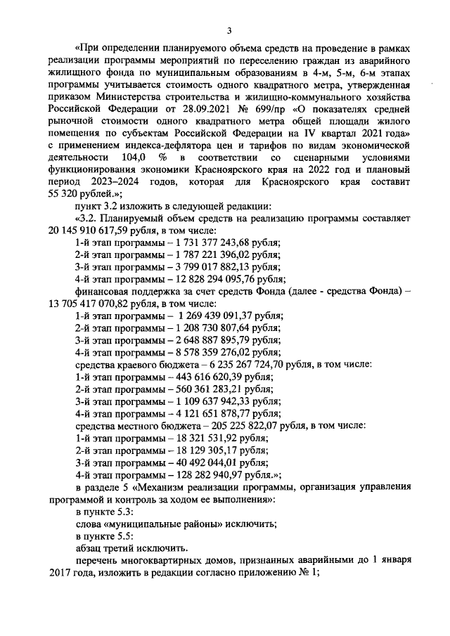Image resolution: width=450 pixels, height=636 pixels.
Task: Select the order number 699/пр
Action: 251,109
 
